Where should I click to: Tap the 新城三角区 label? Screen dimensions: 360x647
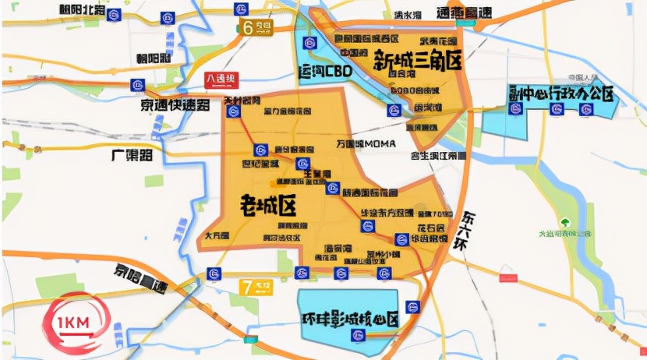click(417, 60)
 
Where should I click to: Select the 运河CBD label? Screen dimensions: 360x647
click(326, 72)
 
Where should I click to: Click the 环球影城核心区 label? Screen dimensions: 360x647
click(350, 319)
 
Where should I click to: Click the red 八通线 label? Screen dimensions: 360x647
click(221, 79)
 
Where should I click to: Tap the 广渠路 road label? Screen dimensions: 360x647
click(130, 154)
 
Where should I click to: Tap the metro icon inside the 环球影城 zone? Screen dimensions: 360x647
click(359, 336)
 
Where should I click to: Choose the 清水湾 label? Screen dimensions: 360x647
click(407, 15)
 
